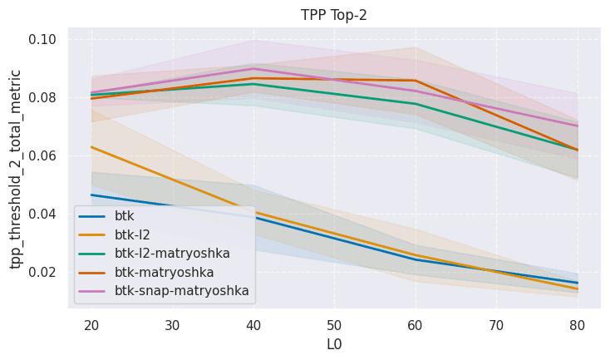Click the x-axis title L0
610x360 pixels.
point(334,344)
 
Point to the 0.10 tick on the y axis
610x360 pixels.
point(44,39)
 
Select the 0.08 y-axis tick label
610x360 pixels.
point(44,97)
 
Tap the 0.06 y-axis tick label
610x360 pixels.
point(44,155)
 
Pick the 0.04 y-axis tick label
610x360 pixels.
point(44,214)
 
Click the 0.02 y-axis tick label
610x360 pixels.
point(44,272)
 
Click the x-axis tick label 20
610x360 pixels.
point(91,323)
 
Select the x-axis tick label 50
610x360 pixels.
point(334,323)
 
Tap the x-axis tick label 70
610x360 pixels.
point(496,323)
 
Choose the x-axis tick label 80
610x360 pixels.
point(577,323)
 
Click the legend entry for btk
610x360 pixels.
point(125,215)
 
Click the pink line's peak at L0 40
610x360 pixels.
point(253,68)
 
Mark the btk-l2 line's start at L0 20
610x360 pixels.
point(91,147)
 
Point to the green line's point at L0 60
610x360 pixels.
point(415,104)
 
